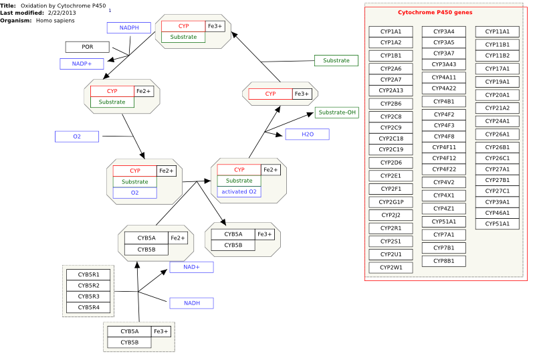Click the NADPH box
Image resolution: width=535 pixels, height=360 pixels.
click(129, 27)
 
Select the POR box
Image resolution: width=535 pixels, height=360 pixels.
click(88, 47)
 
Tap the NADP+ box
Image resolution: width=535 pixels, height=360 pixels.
click(82, 64)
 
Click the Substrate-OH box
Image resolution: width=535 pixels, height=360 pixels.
click(337, 112)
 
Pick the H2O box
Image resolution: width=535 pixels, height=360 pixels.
click(308, 134)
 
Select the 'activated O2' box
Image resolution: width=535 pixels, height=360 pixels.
click(239, 191)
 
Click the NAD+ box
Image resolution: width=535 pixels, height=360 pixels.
click(192, 267)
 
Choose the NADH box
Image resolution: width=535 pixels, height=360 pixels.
click(192, 303)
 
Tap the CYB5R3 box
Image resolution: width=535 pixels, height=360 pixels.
click(88, 296)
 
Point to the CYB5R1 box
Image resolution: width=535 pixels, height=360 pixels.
click(88, 274)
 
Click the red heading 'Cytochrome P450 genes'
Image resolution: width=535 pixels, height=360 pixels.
click(435, 12)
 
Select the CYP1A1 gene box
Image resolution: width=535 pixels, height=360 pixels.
click(391, 31)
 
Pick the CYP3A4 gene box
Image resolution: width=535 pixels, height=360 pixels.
click(444, 31)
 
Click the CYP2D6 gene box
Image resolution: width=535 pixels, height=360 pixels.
click(391, 163)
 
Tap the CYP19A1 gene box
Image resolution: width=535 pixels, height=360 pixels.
click(498, 82)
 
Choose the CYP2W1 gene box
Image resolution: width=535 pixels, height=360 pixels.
click(391, 268)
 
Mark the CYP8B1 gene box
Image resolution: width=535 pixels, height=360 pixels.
click(444, 261)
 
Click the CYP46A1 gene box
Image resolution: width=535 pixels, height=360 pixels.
click(498, 213)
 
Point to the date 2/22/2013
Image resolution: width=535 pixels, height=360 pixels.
click(62, 13)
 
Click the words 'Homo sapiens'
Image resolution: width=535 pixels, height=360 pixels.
click(56, 21)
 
